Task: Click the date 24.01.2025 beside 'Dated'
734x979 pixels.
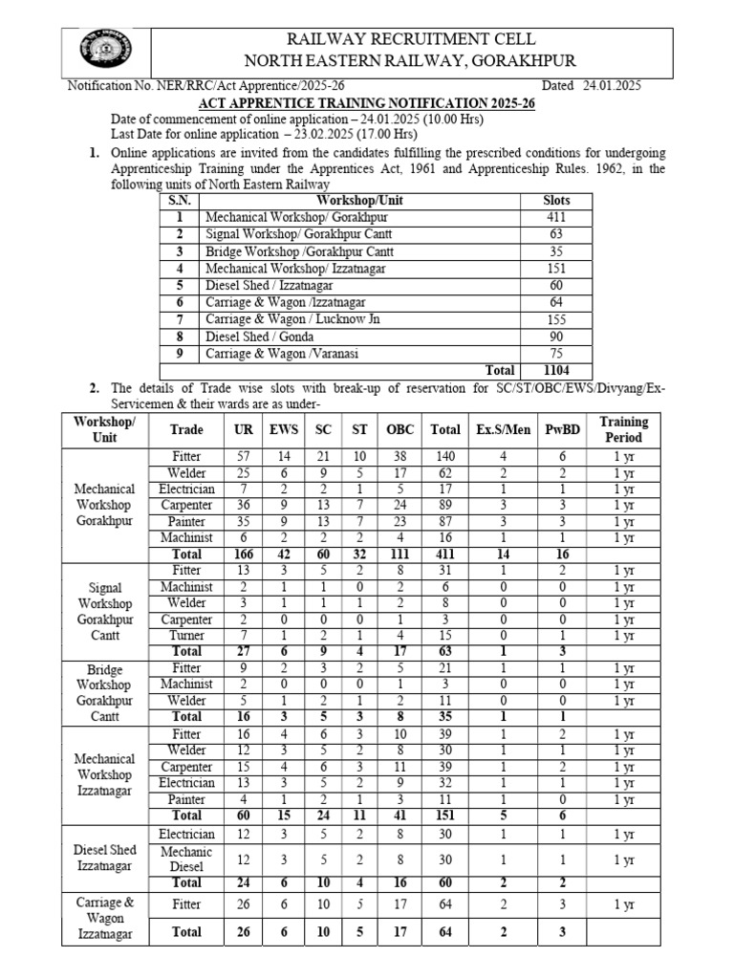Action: coord(611,86)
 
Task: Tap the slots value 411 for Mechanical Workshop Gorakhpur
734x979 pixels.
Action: coord(555,217)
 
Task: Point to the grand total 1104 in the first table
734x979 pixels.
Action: coord(555,370)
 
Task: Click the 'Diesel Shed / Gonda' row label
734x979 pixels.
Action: coord(255,336)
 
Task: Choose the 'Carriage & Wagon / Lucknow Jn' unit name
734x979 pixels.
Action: coord(292,318)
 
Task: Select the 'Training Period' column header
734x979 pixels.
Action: coord(623,429)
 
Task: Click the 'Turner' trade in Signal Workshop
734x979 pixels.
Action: coord(185,635)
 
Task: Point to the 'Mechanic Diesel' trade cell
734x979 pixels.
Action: coord(185,859)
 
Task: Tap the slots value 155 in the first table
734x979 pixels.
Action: coord(555,318)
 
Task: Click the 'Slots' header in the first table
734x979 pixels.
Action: coord(555,200)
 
